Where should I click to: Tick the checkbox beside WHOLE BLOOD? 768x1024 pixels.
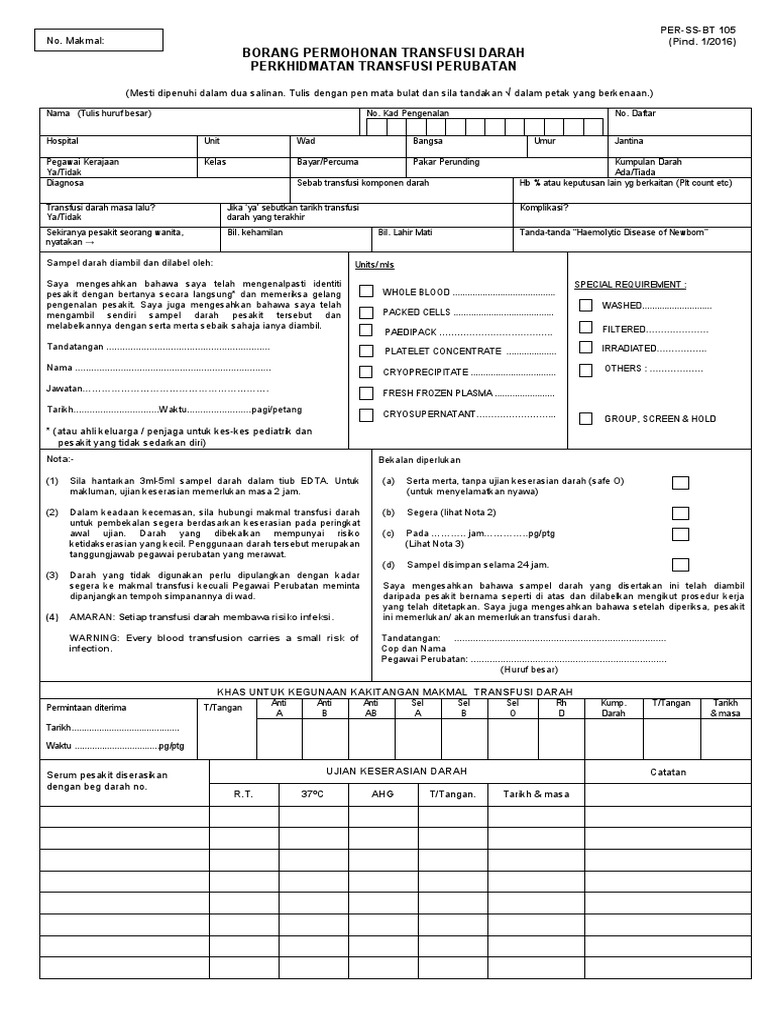367,292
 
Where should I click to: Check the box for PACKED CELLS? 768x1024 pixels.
367,312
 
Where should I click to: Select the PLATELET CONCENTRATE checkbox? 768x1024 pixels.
367,351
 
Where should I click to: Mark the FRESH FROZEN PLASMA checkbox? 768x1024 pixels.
367,393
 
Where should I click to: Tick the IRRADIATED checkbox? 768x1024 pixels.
585,348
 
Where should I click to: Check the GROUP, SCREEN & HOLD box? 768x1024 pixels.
585,418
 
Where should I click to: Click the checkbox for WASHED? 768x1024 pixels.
585,305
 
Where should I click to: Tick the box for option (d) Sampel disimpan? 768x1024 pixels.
681,564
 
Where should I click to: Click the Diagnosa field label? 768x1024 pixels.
65,183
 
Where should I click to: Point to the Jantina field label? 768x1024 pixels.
630,141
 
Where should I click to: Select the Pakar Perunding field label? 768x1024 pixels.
446,161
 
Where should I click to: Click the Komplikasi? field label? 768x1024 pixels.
544,208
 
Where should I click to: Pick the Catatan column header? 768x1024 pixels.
670,772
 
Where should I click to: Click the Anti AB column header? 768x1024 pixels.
370,708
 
